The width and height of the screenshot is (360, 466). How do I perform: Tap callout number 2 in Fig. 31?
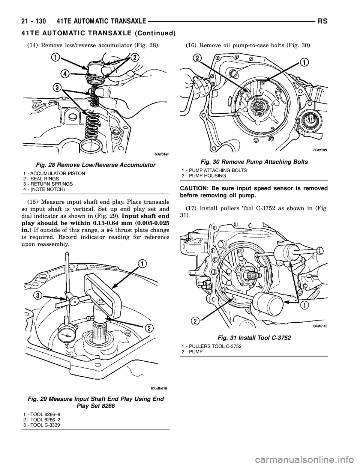[x=195, y=320]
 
